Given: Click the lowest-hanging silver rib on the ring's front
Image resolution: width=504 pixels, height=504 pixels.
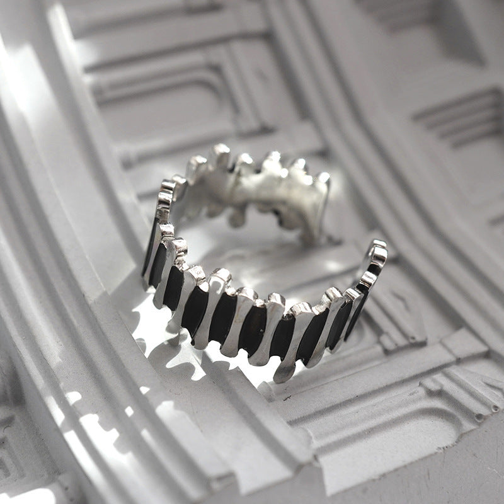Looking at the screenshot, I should click(x=284, y=369).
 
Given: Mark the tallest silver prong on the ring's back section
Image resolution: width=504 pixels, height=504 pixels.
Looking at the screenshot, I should click(x=220, y=154).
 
